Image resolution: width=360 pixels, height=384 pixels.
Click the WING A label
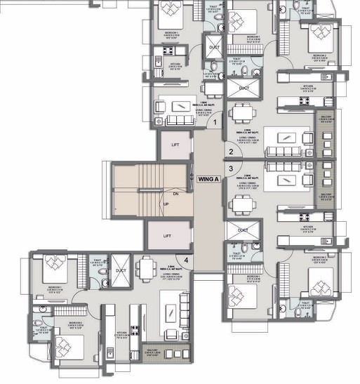point(208,179)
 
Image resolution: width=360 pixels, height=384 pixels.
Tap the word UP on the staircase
point(166,204)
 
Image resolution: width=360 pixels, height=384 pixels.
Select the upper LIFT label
point(167,145)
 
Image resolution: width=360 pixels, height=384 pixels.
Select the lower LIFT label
point(167,236)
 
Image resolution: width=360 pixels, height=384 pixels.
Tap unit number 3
point(230,168)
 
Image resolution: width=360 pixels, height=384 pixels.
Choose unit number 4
point(186,261)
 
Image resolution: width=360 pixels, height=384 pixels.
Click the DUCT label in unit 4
point(121,270)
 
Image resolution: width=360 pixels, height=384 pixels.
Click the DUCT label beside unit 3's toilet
point(243,230)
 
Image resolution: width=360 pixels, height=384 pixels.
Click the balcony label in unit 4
point(150,352)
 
